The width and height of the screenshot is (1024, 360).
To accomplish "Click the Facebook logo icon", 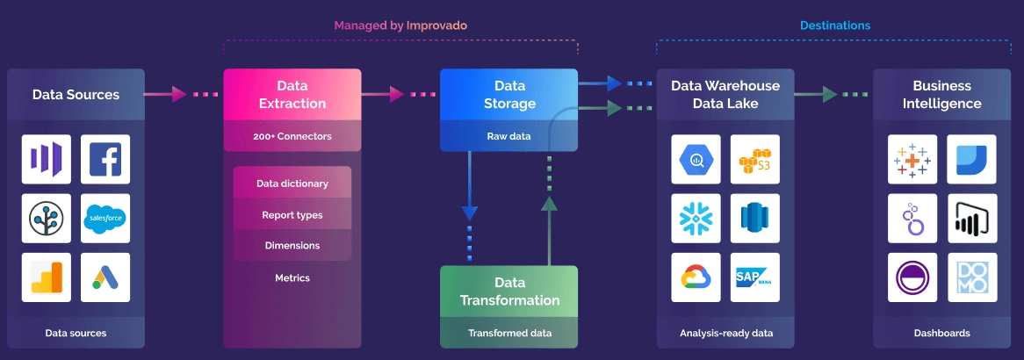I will [105, 159].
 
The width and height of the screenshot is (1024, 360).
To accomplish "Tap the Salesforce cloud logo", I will [105, 219].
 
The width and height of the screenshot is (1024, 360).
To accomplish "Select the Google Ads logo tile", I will [105, 277].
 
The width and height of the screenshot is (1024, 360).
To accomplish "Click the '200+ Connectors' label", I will [292, 136].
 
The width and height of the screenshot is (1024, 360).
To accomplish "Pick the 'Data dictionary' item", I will [292, 184].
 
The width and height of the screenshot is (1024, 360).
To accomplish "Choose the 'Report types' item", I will [292, 215].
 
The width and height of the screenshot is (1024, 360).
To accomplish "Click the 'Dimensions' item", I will [292, 246].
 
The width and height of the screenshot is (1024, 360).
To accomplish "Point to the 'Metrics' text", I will [292, 277].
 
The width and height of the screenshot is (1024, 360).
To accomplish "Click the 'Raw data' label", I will [508, 136].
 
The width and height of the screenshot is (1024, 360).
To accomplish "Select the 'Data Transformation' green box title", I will [508, 292].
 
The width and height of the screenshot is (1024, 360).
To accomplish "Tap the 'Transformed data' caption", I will [508, 333].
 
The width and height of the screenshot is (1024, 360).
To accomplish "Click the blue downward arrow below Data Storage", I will [470, 211].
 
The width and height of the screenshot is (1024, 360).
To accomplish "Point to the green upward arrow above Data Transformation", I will [549, 205].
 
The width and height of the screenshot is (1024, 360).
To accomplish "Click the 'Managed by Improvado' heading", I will [400, 25].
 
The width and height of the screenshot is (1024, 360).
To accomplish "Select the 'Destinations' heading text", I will [834, 25].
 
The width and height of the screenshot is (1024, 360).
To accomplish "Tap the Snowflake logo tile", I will [696, 219].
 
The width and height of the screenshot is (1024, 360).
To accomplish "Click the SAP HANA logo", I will [754, 277].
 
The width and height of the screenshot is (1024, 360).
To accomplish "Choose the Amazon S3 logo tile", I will [754, 159].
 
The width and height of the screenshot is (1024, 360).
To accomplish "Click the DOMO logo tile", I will [971, 277].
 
